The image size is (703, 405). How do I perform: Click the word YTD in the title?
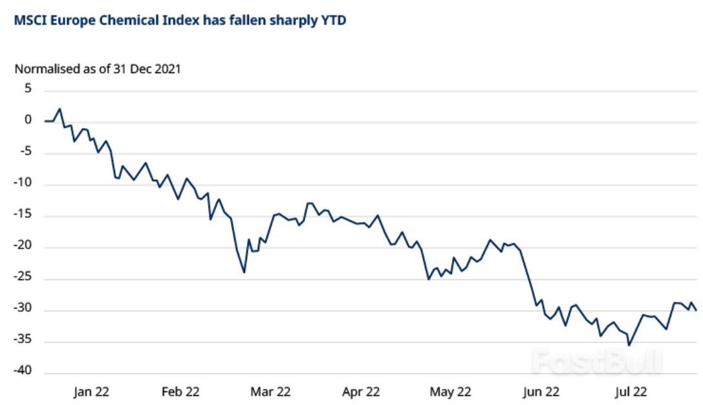[333, 21]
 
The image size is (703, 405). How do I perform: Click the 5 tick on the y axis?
[28, 89]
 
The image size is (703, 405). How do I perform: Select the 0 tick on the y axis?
[28, 120]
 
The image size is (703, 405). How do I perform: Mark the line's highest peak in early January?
[59, 109]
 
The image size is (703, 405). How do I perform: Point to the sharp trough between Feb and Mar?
[244, 272]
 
